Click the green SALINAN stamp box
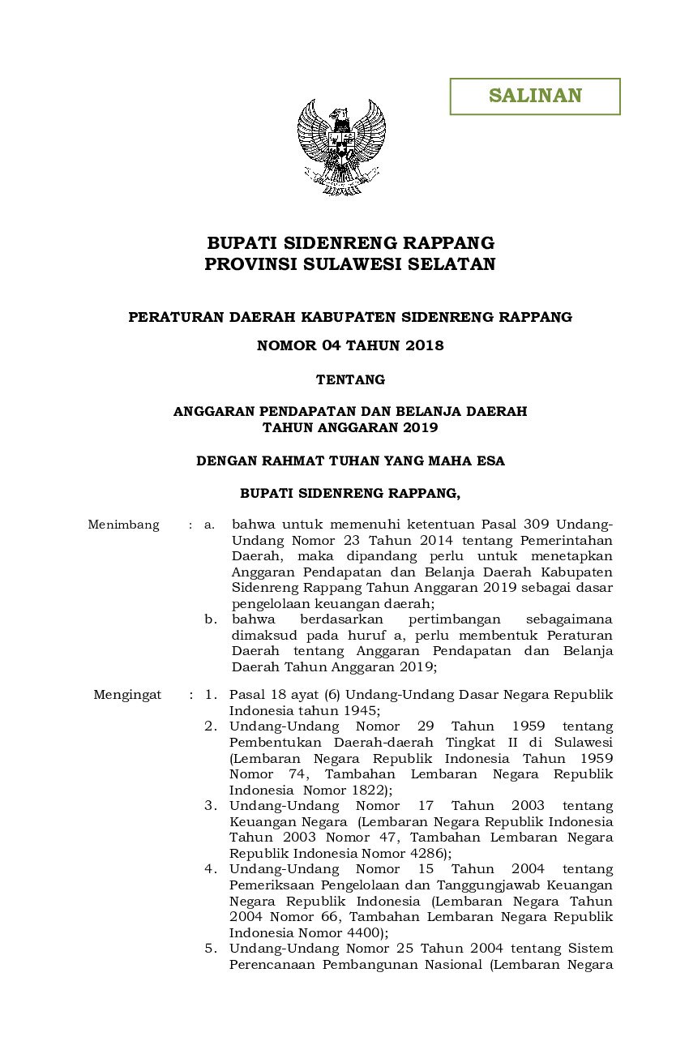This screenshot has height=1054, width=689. coord(535,96)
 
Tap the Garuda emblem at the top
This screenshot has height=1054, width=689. coord(341,146)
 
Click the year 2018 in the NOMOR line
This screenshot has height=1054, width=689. coord(426,345)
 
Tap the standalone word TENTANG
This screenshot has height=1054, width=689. coord(350,379)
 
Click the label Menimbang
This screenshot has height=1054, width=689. coord(123,525)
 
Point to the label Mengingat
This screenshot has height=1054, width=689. coord(127,695)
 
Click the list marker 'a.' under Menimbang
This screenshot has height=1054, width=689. coord(209,525)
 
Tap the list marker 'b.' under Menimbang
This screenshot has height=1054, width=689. coord(210,619)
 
